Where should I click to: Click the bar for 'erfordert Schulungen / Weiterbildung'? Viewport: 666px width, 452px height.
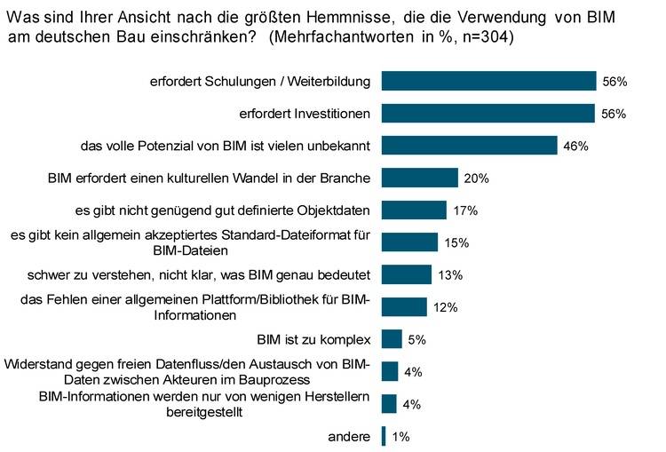(x=488, y=81)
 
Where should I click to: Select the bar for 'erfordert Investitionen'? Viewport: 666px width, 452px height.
(x=488, y=113)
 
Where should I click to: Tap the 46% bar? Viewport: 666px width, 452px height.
(x=469, y=146)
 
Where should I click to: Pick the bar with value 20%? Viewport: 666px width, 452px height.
(x=419, y=178)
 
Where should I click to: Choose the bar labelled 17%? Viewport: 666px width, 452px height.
(x=414, y=210)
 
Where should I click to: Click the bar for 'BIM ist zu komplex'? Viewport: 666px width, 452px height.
(x=392, y=339)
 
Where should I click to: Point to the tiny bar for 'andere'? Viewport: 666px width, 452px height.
(x=384, y=436)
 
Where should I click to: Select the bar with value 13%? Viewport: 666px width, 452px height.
(x=406, y=274)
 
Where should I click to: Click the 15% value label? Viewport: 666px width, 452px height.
(x=456, y=242)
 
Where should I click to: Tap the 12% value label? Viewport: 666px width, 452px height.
(x=445, y=307)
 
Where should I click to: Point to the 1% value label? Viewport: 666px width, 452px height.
(x=400, y=436)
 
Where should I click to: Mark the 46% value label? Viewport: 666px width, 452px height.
(x=575, y=146)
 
